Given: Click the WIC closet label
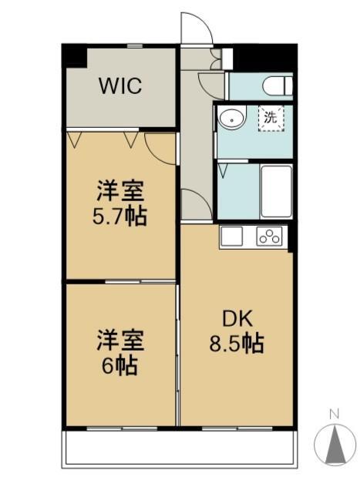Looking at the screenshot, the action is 120,86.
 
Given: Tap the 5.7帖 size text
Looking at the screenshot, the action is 120,217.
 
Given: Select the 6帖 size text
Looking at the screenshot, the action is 120,366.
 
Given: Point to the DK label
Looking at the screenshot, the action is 237,319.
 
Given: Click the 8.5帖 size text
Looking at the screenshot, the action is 237,344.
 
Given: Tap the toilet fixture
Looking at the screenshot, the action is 278,86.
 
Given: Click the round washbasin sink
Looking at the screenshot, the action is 232,117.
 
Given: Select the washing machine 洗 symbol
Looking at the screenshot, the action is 271,119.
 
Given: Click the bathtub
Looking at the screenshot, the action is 276,191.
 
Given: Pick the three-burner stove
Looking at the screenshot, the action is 269,237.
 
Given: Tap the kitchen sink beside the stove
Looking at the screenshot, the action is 232,237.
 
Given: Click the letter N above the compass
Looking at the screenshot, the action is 335,414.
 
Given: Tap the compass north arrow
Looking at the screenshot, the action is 335,445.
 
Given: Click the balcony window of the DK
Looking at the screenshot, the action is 237,428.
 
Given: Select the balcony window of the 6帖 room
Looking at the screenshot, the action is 122,428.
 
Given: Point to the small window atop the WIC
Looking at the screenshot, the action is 135,46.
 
